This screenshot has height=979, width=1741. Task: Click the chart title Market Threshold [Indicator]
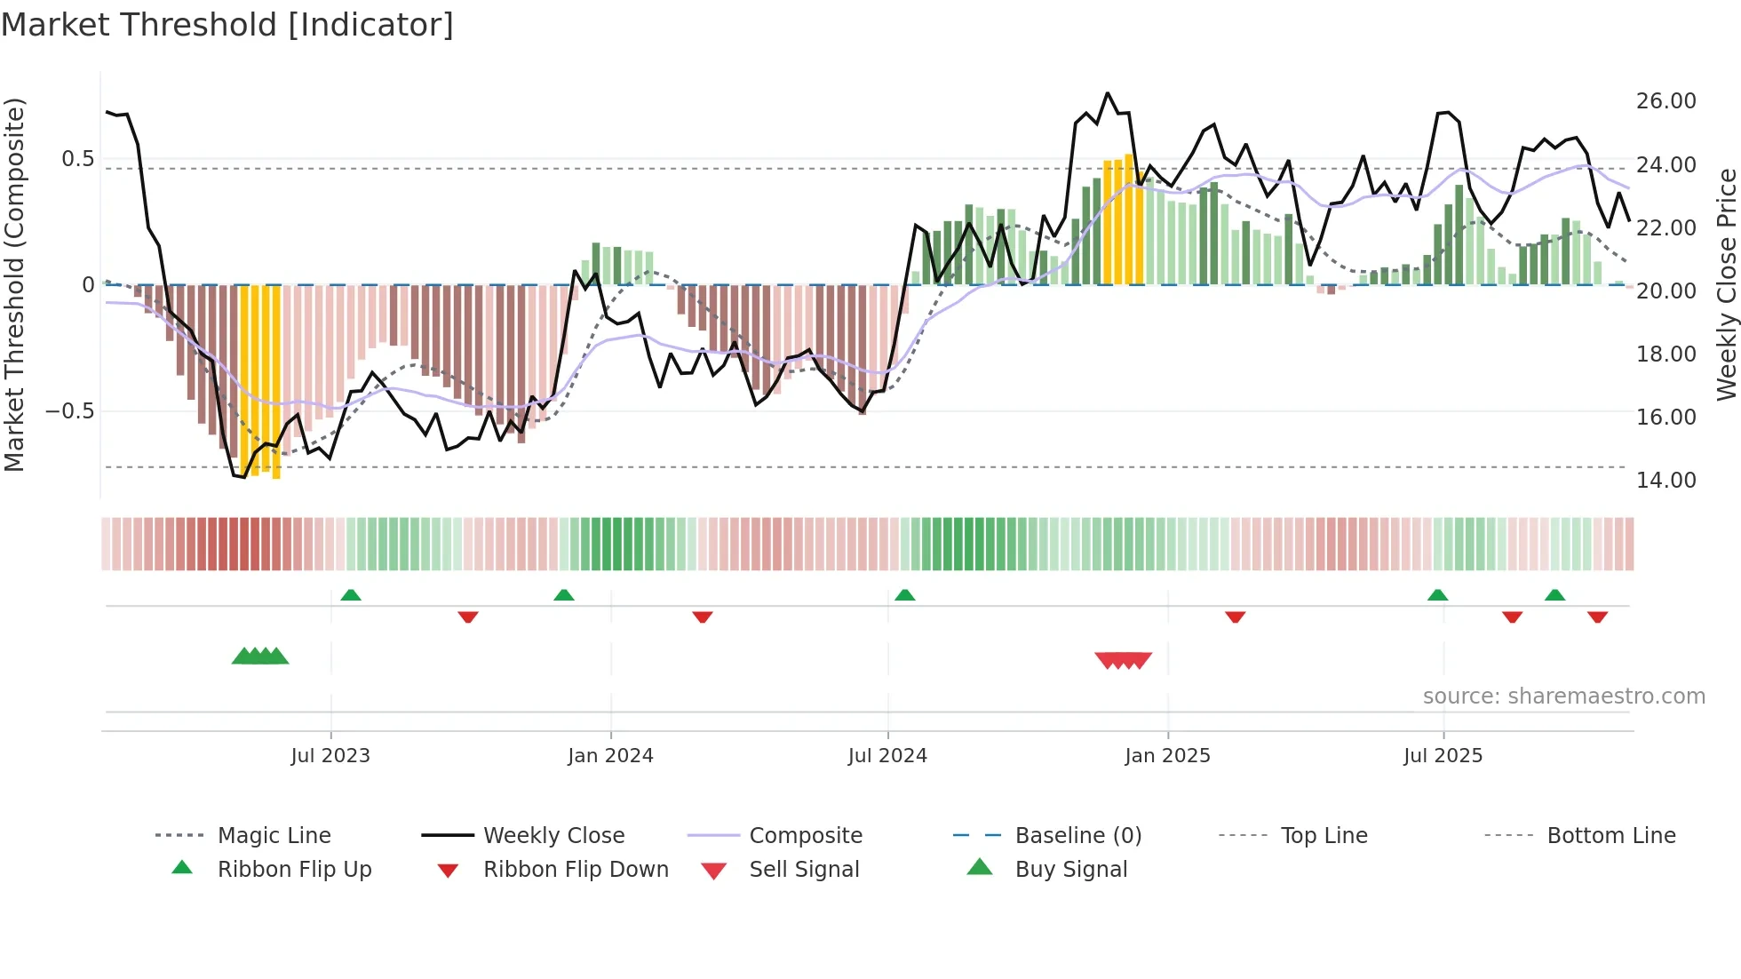coord(227,25)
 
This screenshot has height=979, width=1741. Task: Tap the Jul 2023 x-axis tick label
coord(330,756)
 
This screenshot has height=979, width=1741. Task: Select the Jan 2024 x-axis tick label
coord(610,756)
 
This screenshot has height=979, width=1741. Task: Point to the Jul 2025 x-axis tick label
coord(1443,756)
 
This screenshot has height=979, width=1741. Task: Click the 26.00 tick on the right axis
coord(1665,101)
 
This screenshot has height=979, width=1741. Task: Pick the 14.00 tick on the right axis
coord(1665,481)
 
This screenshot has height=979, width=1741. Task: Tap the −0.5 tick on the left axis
coord(69,411)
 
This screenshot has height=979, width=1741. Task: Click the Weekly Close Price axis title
coord(1725,284)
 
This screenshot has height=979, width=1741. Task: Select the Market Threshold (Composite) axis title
coord(14,284)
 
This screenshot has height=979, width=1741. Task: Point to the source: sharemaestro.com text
coord(1563,696)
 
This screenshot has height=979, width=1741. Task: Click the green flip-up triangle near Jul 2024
coord(904,595)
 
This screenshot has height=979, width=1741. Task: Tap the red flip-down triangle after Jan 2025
coord(1235,617)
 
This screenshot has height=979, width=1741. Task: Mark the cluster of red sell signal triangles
coord(1124,660)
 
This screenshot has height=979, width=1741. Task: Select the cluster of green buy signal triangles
coord(260,657)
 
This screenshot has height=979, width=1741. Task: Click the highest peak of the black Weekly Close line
coord(1107,93)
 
